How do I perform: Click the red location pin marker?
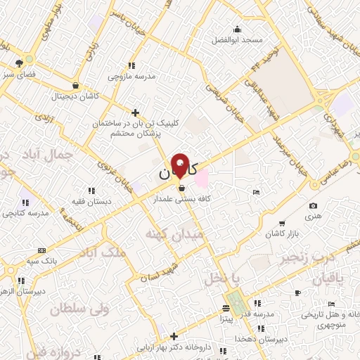click(x=181, y=165)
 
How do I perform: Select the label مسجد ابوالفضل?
click(x=238, y=39)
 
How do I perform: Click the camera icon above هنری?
click(x=313, y=206)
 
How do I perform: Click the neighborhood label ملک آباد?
click(x=105, y=252)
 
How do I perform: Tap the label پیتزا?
click(x=225, y=319)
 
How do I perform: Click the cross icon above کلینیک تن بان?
click(x=136, y=112)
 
